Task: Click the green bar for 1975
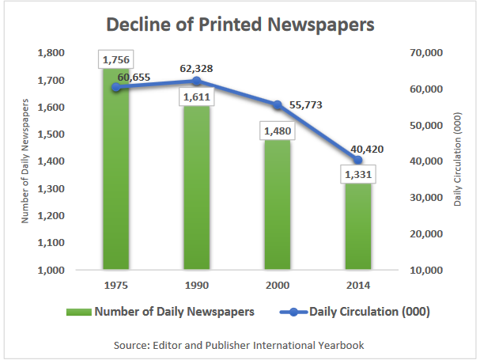(115, 182)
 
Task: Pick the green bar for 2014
(358, 229)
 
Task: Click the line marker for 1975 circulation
(116, 88)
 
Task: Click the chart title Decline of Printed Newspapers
(240, 25)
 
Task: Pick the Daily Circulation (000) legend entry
(356, 312)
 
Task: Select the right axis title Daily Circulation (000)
(458, 161)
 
